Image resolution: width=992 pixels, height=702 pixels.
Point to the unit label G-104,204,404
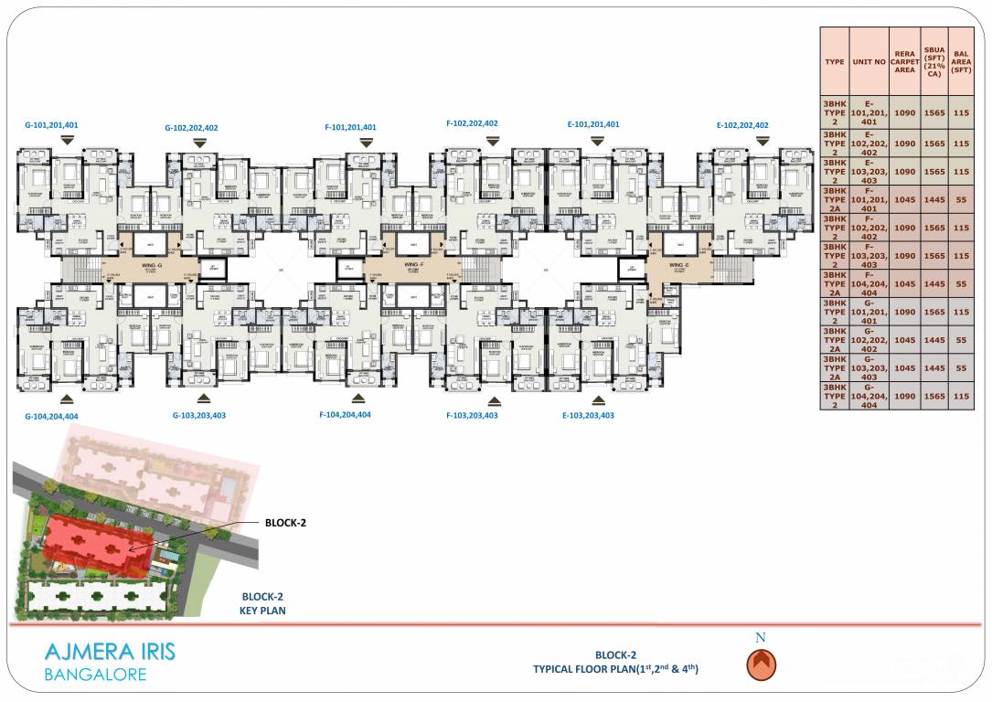tap(51, 416)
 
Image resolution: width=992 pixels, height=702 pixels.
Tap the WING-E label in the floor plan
tap(677, 266)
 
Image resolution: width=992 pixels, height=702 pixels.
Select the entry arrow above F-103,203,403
tap(495, 400)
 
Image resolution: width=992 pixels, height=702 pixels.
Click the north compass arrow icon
tap(761, 665)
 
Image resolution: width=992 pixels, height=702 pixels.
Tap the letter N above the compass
tap(761, 637)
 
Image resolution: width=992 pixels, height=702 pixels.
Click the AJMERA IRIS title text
tap(110, 653)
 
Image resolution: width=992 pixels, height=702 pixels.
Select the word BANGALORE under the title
tap(94, 676)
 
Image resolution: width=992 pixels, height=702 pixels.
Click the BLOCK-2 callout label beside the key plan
tap(285, 523)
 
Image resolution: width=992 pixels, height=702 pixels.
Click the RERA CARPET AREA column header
tap(904, 62)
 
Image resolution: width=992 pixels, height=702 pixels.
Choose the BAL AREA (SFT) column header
tap(960, 62)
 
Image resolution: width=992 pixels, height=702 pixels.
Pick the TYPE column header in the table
tap(834, 62)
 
